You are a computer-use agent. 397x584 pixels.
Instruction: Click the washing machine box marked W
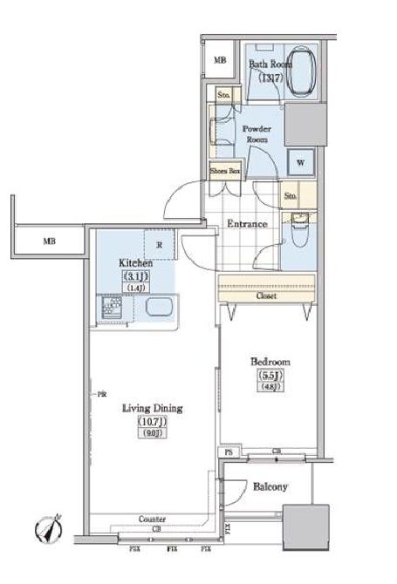pos(300,162)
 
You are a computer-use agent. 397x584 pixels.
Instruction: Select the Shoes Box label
pos(224,171)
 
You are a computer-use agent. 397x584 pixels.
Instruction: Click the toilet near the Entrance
pos(298,231)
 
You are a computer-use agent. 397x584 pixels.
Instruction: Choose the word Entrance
pos(247,224)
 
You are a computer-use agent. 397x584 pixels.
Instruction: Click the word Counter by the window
pos(152,519)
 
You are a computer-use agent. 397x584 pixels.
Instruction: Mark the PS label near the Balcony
pos(228,452)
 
